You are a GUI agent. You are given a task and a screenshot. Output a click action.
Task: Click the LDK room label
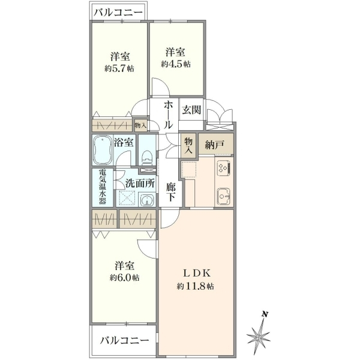click(x=197, y=273)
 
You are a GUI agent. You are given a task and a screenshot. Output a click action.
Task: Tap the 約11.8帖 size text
click(x=196, y=287)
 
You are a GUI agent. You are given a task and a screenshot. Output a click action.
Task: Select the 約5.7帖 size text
click(x=119, y=68)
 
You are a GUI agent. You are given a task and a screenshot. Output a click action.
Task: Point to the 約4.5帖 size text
click(x=176, y=64)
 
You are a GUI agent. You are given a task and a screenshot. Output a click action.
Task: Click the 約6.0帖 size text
click(x=124, y=278)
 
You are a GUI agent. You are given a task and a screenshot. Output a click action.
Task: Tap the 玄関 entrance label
click(x=191, y=110)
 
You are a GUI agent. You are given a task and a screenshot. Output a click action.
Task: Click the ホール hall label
click(x=168, y=115)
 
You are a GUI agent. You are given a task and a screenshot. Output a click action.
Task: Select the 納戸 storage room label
click(x=214, y=145)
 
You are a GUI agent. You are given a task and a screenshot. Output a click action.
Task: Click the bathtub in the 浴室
click(x=103, y=150)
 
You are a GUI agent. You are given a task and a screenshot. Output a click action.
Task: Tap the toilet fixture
click(x=147, y=157)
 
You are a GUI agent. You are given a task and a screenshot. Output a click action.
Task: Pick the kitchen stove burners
click(x=224, y=168)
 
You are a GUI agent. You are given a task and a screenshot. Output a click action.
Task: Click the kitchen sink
click(x=223, y=196)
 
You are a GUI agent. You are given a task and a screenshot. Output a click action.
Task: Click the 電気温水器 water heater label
click(x=103, y=187)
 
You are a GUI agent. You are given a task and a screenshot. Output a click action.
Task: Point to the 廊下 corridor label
click(x=171, y=192)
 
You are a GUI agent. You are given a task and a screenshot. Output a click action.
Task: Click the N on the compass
click(x=265, y=314)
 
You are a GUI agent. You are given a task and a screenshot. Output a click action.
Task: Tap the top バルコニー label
click(x=118, y=12)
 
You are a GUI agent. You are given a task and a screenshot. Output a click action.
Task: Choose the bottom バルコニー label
click(x=124, y=340)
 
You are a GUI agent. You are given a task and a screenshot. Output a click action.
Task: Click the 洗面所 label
click(x=140, y=183)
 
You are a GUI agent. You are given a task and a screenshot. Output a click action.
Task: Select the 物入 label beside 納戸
click(x=188, y=145)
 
